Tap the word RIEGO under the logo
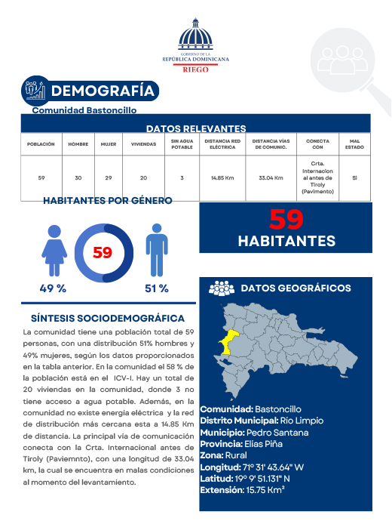tap(195, 68)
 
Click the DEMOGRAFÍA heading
tap(104, 91)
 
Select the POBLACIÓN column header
tap(41, 143)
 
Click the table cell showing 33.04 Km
tap(270, 178)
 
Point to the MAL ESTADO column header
tap(354, 143)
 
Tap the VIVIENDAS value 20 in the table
tap(144, 178)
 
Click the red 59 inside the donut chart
tap(103, 252)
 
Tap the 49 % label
tap(53, 288)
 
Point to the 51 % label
tap(156, 288)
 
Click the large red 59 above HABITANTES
tap(286, 220)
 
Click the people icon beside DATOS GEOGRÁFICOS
tap(222, 288)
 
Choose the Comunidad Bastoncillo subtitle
tap(84, 110)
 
